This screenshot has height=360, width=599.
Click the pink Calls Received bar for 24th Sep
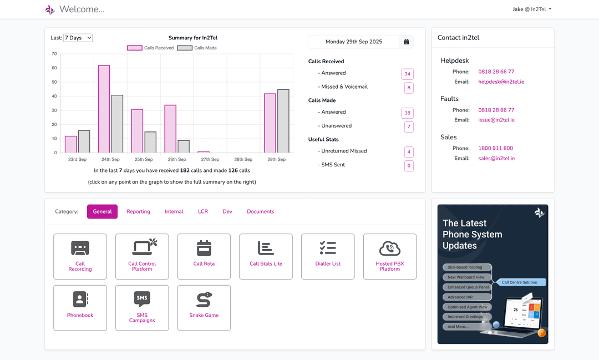point(104,109)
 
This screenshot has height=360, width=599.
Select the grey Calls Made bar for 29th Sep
point(283,121)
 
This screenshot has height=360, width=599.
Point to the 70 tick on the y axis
point(54,54)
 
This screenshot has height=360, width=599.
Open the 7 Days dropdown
point(78,38)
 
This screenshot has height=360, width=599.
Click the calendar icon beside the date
point(407,42)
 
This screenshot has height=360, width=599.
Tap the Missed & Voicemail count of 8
point(408,88)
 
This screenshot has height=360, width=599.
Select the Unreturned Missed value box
point(408,152)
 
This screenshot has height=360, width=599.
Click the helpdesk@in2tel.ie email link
point(501,82)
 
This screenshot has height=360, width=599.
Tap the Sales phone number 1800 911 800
point(495,148)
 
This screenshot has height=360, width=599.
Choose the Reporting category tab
point(138,211)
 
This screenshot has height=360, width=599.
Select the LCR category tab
point(203,211)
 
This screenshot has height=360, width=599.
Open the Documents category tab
point(260,211)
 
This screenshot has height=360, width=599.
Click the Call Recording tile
point(80,256)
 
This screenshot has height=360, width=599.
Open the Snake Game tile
point(204,308)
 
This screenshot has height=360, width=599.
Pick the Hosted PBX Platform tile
point(389,256)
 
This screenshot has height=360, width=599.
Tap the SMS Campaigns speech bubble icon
point(142,299)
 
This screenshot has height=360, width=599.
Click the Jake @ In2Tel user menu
point(532,9)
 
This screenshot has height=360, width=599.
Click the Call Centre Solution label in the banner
point(520,282)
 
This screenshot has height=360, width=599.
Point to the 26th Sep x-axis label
point(176,160)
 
